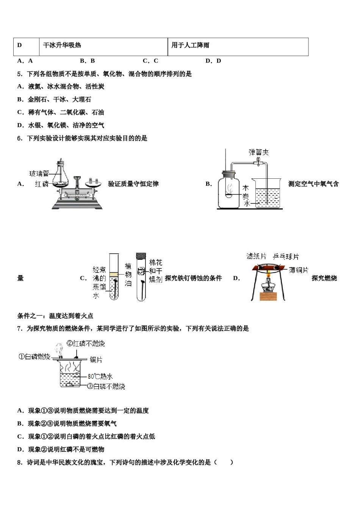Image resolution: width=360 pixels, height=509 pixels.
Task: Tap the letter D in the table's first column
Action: pyautogui.click(x=20, y=45)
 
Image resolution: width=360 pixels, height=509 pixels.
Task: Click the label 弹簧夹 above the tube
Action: pyautogui.click(x=259, y=152)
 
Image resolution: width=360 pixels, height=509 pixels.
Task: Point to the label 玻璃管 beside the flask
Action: pyautogui.click(x=39, y=174)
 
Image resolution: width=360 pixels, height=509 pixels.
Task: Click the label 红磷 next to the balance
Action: pyautogui.click(x=42, y=184)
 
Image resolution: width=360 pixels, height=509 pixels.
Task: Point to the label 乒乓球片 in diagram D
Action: pyautogui.click(x=286, y=257)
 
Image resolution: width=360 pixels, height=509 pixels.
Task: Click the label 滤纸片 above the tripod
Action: pyautogui.click(x=257, y=256)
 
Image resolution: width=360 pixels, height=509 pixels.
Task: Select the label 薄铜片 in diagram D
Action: pyautogui.click(x=299, y=270)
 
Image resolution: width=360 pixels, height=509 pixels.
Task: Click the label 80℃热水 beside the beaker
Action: pyautogui.click(x=100, y=376)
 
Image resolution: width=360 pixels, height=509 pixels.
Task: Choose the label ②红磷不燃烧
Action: pyautogui.click(x=86, y=343)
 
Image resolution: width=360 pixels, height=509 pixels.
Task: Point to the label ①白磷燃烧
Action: pyautogui.click(x=34, y=357)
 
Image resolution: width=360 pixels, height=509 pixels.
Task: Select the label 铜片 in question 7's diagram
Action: pyautogui.click(x=96, y=360)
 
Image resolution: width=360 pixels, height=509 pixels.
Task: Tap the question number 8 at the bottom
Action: pyautogui.click(x=19, y=462)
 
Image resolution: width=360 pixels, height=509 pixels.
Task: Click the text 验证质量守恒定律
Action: pyautogui.click(x=133, y=184)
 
